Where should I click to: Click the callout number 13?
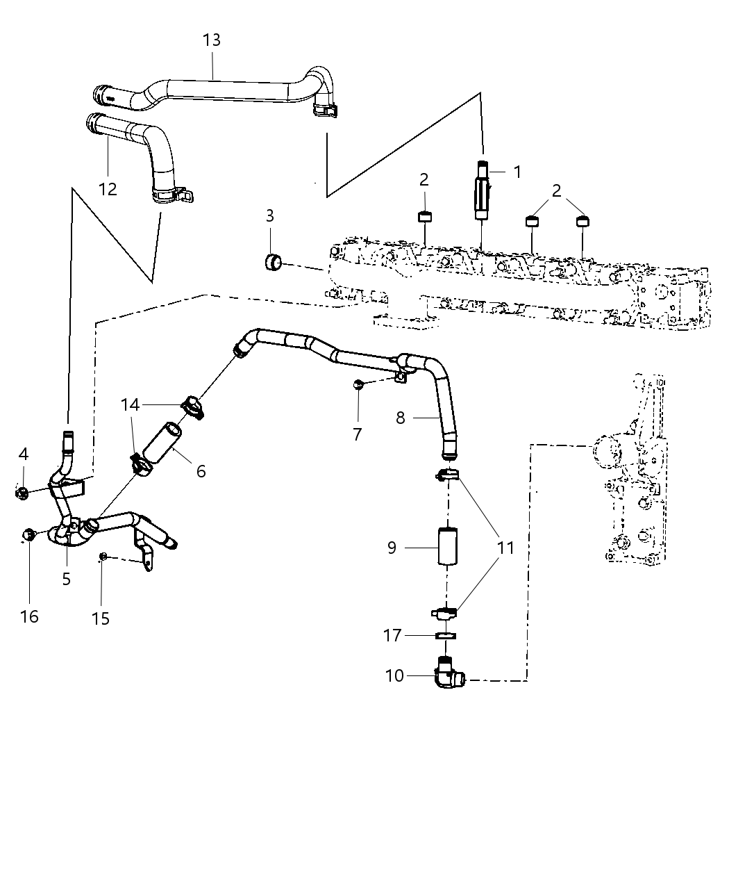[x=212, y=40]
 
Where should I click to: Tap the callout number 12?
[x=108, y=188]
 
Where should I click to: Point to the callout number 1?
[x=517, y=171]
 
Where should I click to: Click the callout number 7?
[x=357, y=434]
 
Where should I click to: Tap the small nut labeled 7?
[x=357, y=384]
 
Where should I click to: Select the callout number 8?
[x=401, y=418]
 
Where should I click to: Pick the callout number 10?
[x=394, y=675]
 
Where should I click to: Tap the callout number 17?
[x=392, y=635]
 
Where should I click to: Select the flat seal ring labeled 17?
[x=446, y=635]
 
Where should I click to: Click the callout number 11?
[x=506, y=548]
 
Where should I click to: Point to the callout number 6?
[x=201, y=471]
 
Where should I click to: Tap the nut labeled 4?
[x=22, y=493]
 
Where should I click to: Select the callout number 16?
[x=29, y=616]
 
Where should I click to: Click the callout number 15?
[x=101, y=618]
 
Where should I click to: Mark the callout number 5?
[x=66, y=578]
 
